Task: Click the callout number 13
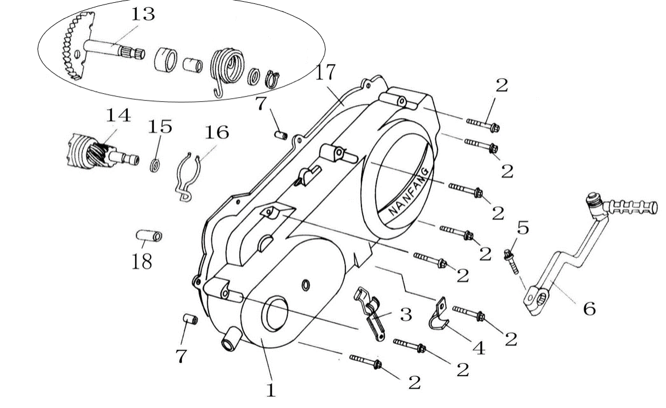tap(143, 14)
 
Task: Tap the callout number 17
tap(326, 72)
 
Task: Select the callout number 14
tap(118, 115)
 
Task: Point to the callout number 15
tap(160, 127)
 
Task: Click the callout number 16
tap(217, 132)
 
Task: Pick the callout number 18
tap(142, 262)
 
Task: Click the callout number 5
tap(523, 228)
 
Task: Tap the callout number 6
tap(589, 309)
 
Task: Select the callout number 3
tap(406, 315)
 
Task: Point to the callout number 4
tap(478, 348)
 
